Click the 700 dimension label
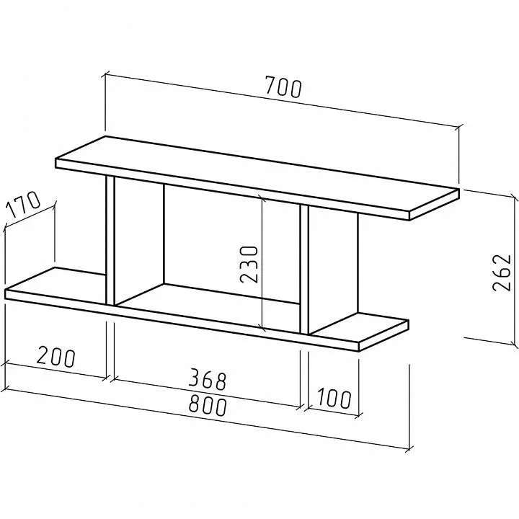pyautogui.click(x=284, y=87)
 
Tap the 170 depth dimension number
pyautogui.click(x=23, y=204)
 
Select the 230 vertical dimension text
pyautogui.click(x=249, y=264)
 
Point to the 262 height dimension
pyautogui.click(x=502, y=272)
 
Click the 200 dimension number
pyautogui.click(x=56, y=357)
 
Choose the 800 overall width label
pyautogui.click(x=208, y=406)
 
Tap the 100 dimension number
pyautogui.click(x=334, y=398)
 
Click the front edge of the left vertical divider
pyautogui.click(x=110, y=240)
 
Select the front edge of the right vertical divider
pyautogui.click(x=304, y=269)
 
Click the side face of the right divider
pyautogui.click(x=333, y=270)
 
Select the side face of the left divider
pyautogui.click(x=139, y=241)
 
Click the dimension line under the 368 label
pyautogui.click(x=207, y=394)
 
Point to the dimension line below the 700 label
pyautogui.click(x=283, y=101)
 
